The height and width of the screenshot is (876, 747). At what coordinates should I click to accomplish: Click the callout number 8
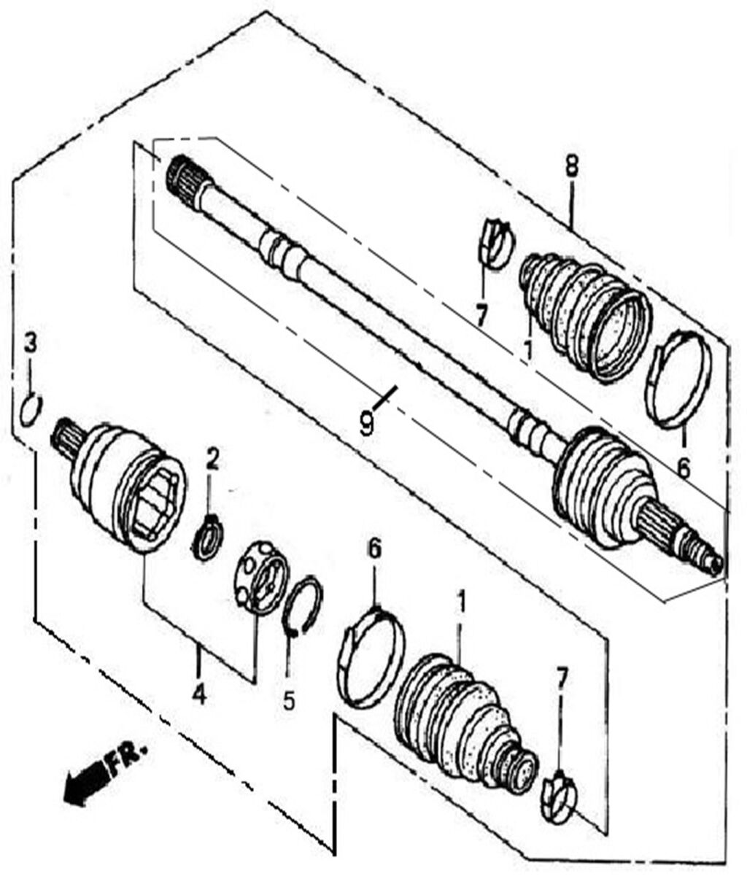tap(570, 166)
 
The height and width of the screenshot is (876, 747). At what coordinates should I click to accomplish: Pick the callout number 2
tap(212, 459)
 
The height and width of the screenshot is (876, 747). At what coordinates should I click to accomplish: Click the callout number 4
tap(199, 696)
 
